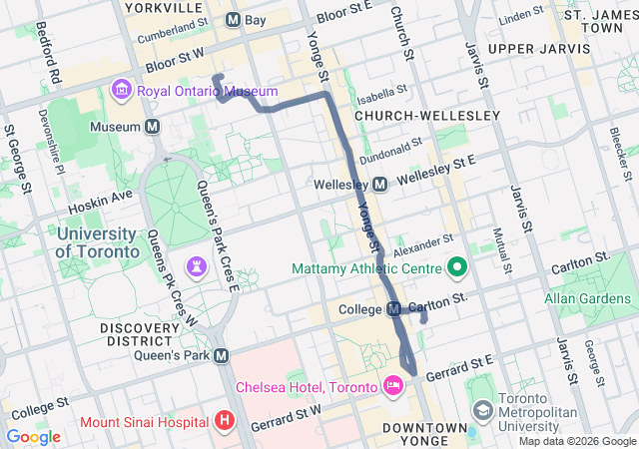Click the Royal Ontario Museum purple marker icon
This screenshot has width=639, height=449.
point(122,92)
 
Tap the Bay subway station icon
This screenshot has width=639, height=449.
point(233,19)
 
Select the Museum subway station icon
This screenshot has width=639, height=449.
point(153,127)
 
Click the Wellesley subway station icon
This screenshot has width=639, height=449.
point(379,185)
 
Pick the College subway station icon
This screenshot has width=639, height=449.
point(393,308)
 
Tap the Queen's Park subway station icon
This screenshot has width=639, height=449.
point(222,355)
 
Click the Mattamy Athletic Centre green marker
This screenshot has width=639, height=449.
point(457,267)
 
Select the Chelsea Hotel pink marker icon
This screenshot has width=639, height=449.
point(392,386)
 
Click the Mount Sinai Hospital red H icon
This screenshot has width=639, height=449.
point(225,420)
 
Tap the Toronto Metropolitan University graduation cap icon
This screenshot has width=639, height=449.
point(483,411)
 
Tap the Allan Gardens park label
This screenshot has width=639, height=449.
point(587,298)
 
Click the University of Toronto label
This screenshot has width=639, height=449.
point(97,242)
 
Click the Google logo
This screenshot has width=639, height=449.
point(33,436)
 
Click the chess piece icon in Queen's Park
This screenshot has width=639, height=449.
point(198,266)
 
